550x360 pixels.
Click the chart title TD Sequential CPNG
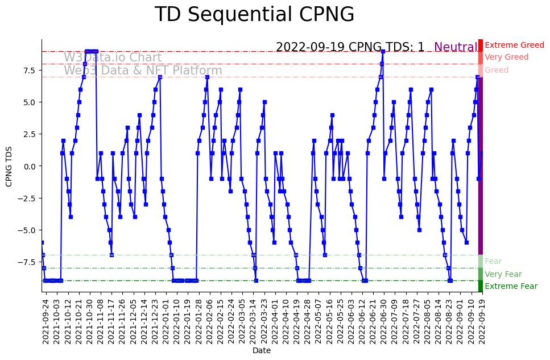coord(254,15)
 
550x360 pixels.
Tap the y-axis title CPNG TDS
coord(9,165)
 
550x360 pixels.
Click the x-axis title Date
coord(262,351)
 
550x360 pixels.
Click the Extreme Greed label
coord(514,45)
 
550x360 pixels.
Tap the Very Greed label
coord(506,57)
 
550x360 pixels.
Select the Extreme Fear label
coord(511,287)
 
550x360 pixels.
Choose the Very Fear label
coord(503,274)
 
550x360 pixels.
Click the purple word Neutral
coord(456,47)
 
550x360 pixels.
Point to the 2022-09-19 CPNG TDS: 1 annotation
coord(350,47)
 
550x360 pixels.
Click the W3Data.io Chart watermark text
coord(113,57)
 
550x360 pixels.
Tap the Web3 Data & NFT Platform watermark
coord(143,71)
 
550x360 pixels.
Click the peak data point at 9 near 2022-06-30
coord(383,51)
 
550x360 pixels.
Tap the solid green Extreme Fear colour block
coord(480,286)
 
